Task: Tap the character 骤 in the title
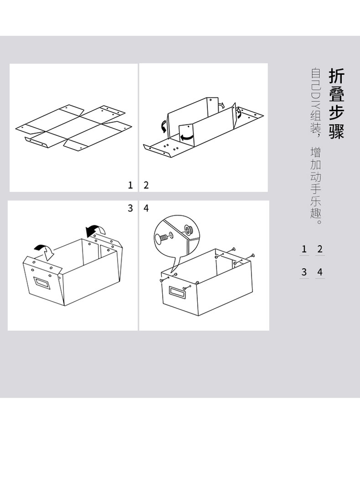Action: point(336,130)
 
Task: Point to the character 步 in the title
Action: point(336,112)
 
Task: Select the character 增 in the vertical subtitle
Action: point(316,152)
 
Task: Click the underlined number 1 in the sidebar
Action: point(304,249)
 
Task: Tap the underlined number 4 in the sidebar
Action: point(320,272)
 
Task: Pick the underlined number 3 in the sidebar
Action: point(304,272)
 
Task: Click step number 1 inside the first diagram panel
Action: point(130,185)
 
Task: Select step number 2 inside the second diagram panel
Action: point(146,185)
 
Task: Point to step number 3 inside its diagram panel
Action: point(130,208)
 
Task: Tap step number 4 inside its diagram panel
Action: point(146,208)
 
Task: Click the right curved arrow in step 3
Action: point(96,229)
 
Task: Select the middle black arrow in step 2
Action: point(187,135)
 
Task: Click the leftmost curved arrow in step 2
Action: point(162,125)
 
